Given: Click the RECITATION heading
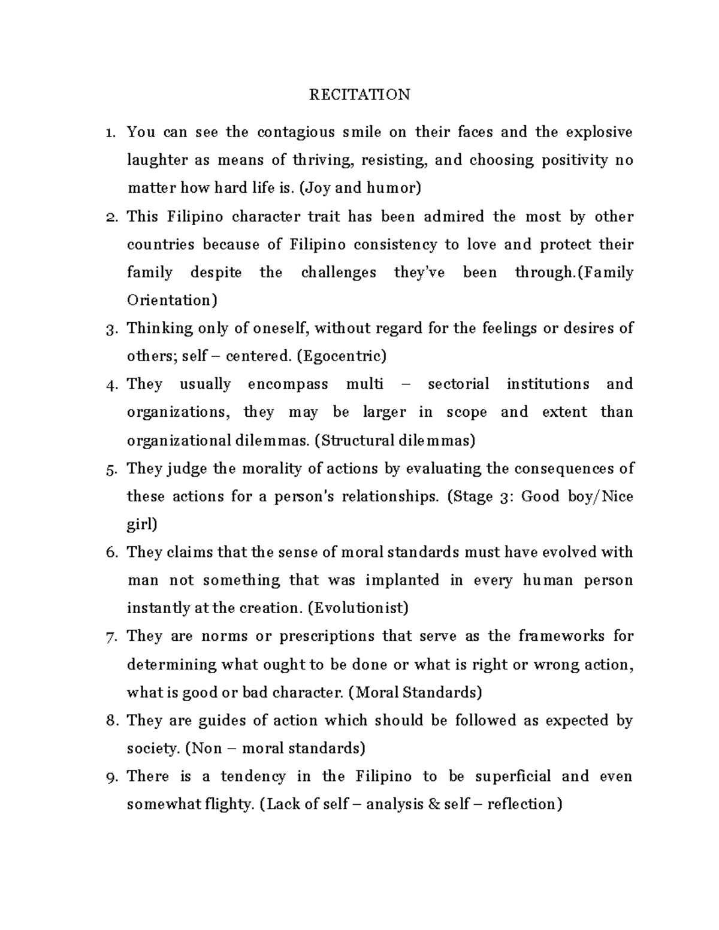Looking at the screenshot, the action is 359,95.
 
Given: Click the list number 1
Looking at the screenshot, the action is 110,133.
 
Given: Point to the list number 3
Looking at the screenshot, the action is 110,329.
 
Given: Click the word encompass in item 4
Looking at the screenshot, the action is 288,384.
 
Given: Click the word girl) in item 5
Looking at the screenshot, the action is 142,525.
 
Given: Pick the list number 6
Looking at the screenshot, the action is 110,553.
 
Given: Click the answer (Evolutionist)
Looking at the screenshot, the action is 358,608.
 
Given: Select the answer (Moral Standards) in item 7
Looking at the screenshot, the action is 415,692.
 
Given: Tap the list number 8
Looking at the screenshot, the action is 110,721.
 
